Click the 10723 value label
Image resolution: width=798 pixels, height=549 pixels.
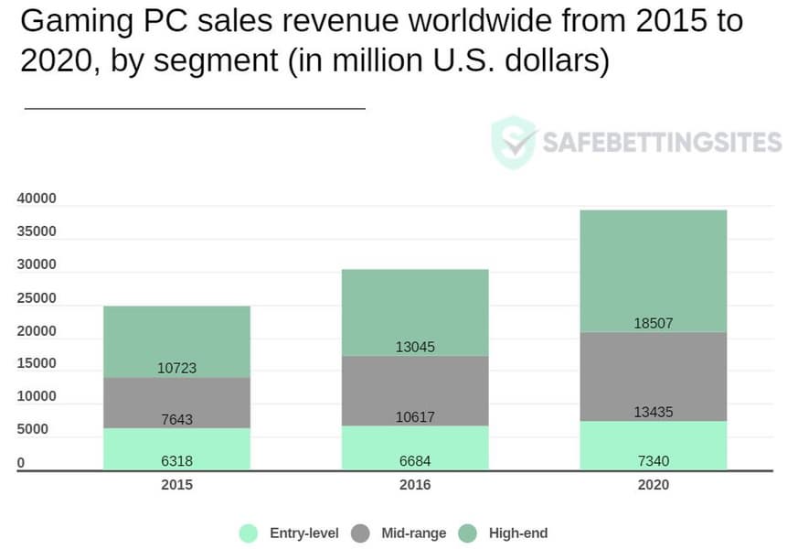tap(176, 369)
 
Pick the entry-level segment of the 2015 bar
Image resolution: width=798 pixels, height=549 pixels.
tap(176, 448)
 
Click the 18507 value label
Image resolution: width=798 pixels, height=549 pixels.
tap(653, 323)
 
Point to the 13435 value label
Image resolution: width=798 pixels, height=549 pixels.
tap(653, 413)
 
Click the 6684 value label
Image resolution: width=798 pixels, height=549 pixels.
tap(415, 460)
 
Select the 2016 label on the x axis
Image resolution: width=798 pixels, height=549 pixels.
tap(415, 485)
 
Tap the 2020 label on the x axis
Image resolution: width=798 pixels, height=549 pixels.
tap(653, 485)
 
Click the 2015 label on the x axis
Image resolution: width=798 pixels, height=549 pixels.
tap(176, 485)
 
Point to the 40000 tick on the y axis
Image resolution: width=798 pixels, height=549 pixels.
tap(37, 199)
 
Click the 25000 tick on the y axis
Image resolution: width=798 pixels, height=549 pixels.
tap(37, 298)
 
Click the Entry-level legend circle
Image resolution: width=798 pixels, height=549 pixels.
tap(249, 533)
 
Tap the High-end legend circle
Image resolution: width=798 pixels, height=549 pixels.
tap(468, 533)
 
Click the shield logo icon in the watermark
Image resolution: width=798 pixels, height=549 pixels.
tap(513, 142)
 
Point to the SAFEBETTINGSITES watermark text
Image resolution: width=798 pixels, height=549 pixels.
tap(662, 143)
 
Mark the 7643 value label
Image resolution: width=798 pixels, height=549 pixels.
tap(176, 420)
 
